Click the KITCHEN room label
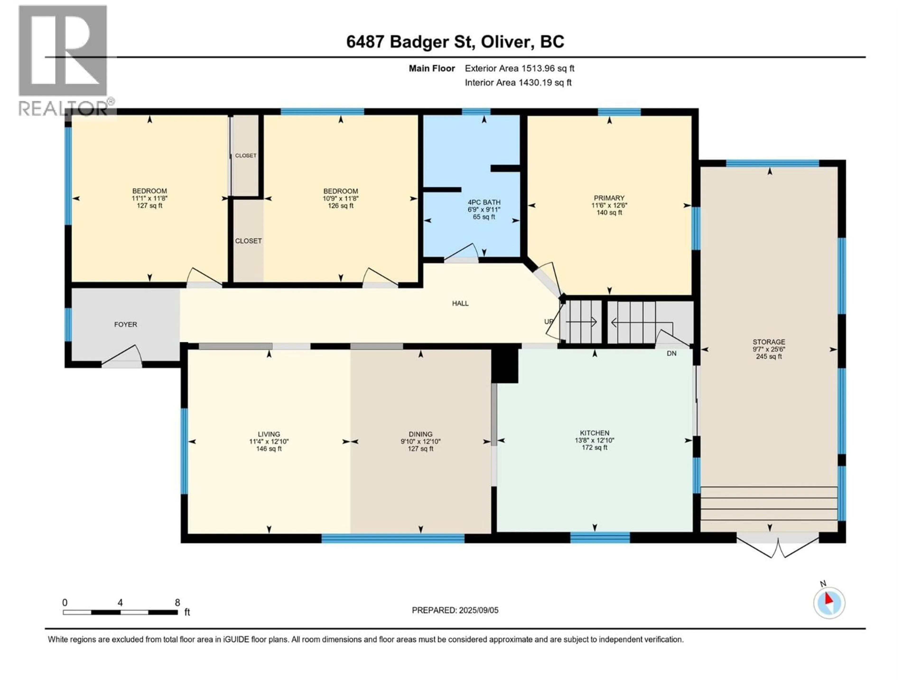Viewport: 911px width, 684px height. coord(594,433)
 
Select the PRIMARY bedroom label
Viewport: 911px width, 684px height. coord(609,198)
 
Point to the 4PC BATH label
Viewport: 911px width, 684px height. coord(484,202)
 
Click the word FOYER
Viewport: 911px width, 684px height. coord(125,324)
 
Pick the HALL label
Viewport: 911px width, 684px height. coord(460,304)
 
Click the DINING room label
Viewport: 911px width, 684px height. coord(420,434)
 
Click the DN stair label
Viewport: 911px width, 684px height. coord(671,353)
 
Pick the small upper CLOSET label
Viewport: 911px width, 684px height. coord(246,155)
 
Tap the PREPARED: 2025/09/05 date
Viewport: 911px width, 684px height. coord(455,610)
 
